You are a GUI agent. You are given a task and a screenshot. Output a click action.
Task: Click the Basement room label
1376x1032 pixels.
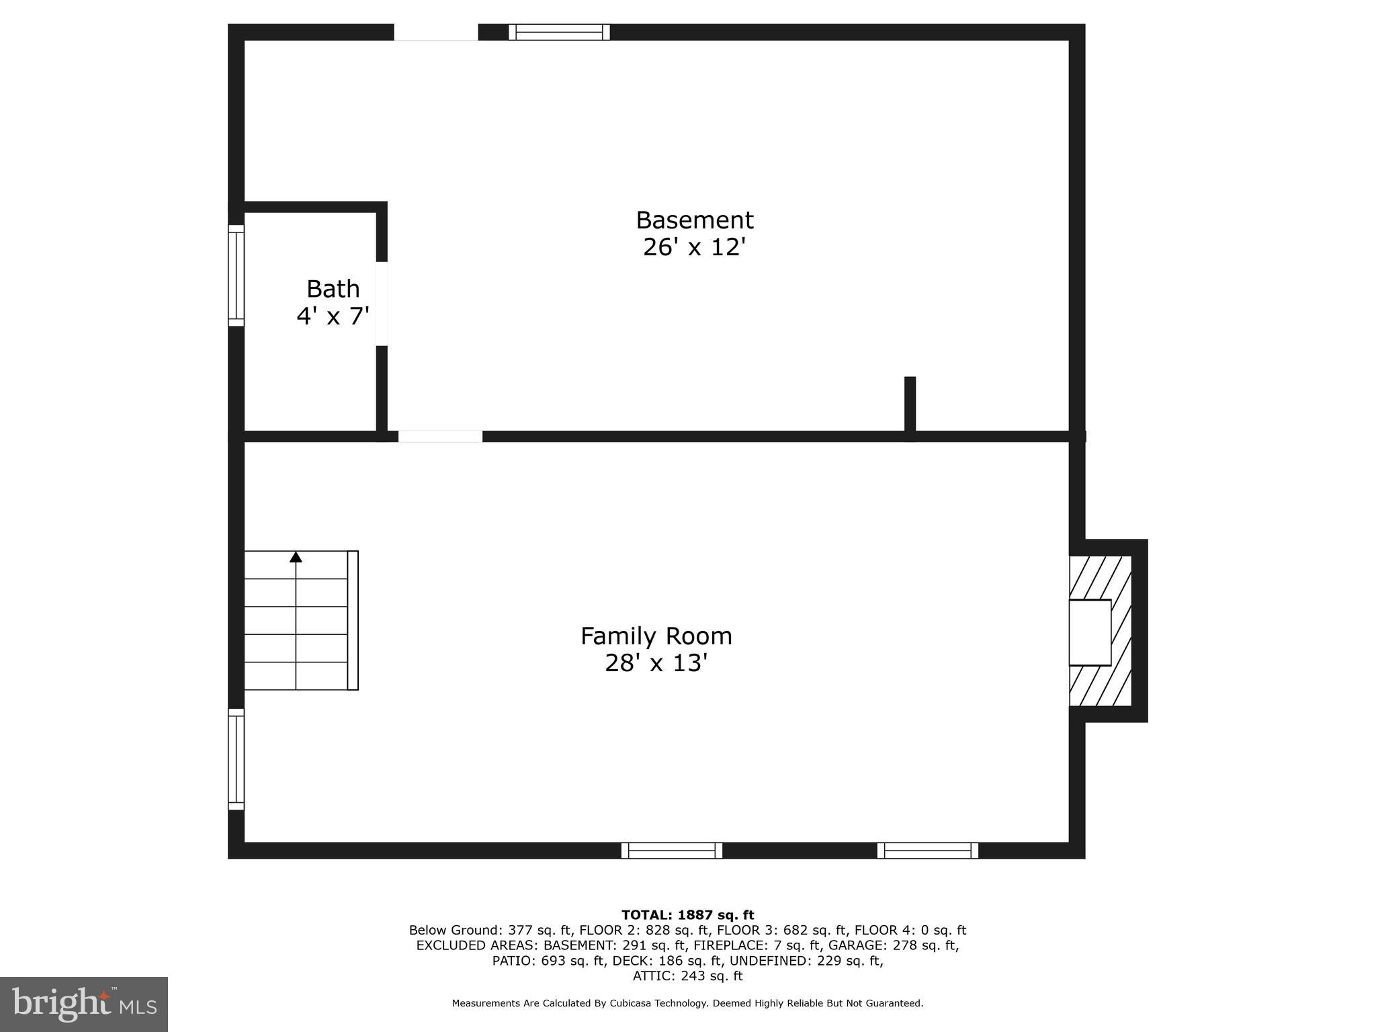pyautogui.click(x=695, y=220)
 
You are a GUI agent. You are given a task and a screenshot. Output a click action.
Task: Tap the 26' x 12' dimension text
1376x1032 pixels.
pyautogui.click(x=695, y=247)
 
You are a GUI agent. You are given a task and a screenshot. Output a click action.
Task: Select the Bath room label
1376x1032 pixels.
pyautogui.click(x=333, y=289)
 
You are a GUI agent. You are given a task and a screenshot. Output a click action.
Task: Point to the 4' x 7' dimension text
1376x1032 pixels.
pyautogui.click(x=333, y=316)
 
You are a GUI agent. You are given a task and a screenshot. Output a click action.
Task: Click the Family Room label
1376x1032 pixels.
pyautogui.click(x=656, y=636)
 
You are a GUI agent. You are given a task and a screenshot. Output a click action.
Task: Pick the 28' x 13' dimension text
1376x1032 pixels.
pyautogui.click(x=656, y=663)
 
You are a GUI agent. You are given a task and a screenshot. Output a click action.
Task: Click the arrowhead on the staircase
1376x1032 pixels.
pyautogui.click(x=296, y=557)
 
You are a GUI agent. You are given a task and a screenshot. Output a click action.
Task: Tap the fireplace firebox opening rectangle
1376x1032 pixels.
pyautogui.click(x=1090, y=632)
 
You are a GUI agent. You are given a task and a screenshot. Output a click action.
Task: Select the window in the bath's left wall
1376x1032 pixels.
pyautogui.click(x=236, y=275)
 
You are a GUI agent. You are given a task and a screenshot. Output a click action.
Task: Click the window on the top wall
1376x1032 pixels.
pyautogui.click(x=559, y=32)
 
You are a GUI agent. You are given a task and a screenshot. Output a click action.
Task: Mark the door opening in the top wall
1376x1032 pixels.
pyautogui.click(x=435, y=32)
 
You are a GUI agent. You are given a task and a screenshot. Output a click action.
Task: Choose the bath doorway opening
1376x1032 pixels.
pyautogui.click(x=382, y=304)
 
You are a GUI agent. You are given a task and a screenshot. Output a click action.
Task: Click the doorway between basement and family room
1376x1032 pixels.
pyautogui.click(x=440, y=437)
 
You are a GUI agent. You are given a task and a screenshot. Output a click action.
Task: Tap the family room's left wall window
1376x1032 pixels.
pyautogui.click(x=236, y=759)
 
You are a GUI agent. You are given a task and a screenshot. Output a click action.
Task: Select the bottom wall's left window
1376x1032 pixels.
pyautogui.click(x=672, y=851)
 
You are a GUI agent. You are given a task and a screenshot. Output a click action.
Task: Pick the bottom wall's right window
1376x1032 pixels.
pyautogui.click(x=927, y=851)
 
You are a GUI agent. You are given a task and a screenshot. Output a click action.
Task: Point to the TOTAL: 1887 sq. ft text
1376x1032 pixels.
pyautogui.click(x=687, y=915)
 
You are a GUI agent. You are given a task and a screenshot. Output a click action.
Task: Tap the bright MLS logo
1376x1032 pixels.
pyautogui.click(x=84, y=1004)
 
